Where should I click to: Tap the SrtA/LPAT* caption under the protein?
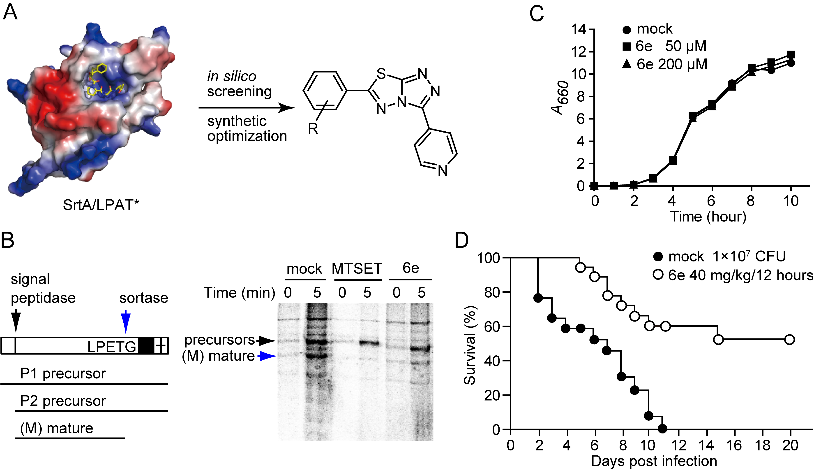[101, 205]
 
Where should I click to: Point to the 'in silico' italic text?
[232, 77]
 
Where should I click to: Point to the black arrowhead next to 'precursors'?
[268, 340]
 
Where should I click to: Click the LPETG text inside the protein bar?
[112, 347]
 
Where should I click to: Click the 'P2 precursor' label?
[63, 401]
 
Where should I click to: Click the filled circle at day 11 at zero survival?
[662, 429]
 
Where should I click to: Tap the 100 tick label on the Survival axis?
[488, 258]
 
